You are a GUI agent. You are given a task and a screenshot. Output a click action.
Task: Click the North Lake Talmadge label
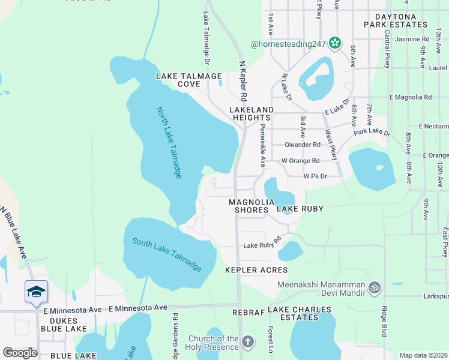coord(169,142)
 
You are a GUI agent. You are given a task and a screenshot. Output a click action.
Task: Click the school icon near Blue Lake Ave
coord(36,292)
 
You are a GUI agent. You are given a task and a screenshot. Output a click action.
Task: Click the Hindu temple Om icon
coord(375,287)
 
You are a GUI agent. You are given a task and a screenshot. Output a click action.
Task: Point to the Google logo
coord(20,353)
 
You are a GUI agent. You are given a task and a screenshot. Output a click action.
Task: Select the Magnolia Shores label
coord(249,206)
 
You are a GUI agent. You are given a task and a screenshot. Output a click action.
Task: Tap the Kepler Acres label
coord(256,271)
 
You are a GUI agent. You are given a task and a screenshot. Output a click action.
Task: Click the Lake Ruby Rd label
coord(262,245)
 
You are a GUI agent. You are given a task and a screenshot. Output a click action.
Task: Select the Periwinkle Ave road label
coord(262,146)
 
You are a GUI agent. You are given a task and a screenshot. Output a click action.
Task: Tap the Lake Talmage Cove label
coord(189,80)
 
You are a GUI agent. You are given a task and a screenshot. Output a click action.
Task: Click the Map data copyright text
coord(423,355)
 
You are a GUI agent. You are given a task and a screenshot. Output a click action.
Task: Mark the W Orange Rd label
coord(300,161)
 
